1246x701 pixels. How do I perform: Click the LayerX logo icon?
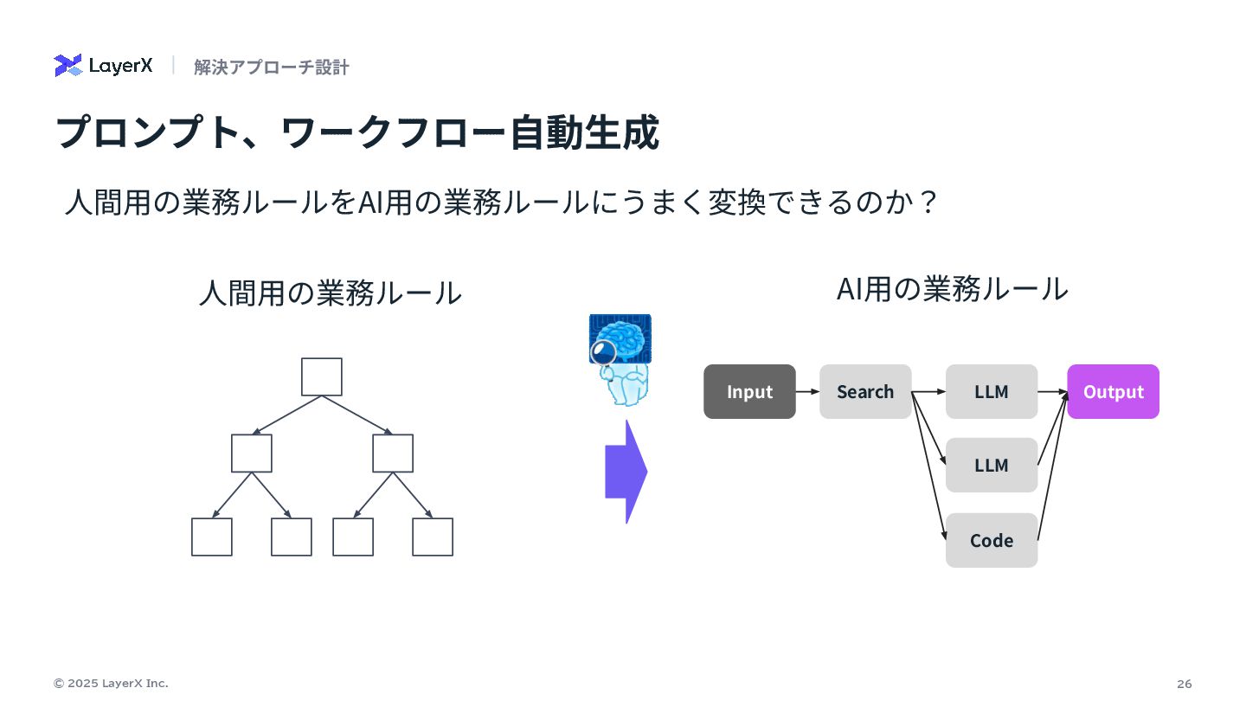point(67,66)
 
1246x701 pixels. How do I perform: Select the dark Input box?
point(749,392)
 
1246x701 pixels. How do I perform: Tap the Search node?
point(865,392)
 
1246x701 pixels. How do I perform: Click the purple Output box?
point(1113,392)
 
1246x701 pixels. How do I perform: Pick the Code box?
point(992,541)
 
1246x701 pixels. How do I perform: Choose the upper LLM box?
point(992,392)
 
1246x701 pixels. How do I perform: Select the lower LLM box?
point(992,466)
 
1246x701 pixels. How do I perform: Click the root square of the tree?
point(322,377)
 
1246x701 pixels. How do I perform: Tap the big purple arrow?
point(625,472)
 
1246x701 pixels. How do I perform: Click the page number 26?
point(1185,684)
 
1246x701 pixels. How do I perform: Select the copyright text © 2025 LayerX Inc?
point(111,684)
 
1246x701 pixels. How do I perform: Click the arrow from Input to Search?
point(807,392)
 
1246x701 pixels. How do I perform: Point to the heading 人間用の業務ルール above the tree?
point(330,293)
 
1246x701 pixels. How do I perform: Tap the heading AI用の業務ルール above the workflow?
point(952,289)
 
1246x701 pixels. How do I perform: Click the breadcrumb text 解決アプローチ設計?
point(271,68)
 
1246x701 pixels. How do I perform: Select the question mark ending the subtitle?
point(928,203)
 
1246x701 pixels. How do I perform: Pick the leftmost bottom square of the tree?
point(212,537)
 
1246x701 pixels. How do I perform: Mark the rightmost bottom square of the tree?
point(433,537)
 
